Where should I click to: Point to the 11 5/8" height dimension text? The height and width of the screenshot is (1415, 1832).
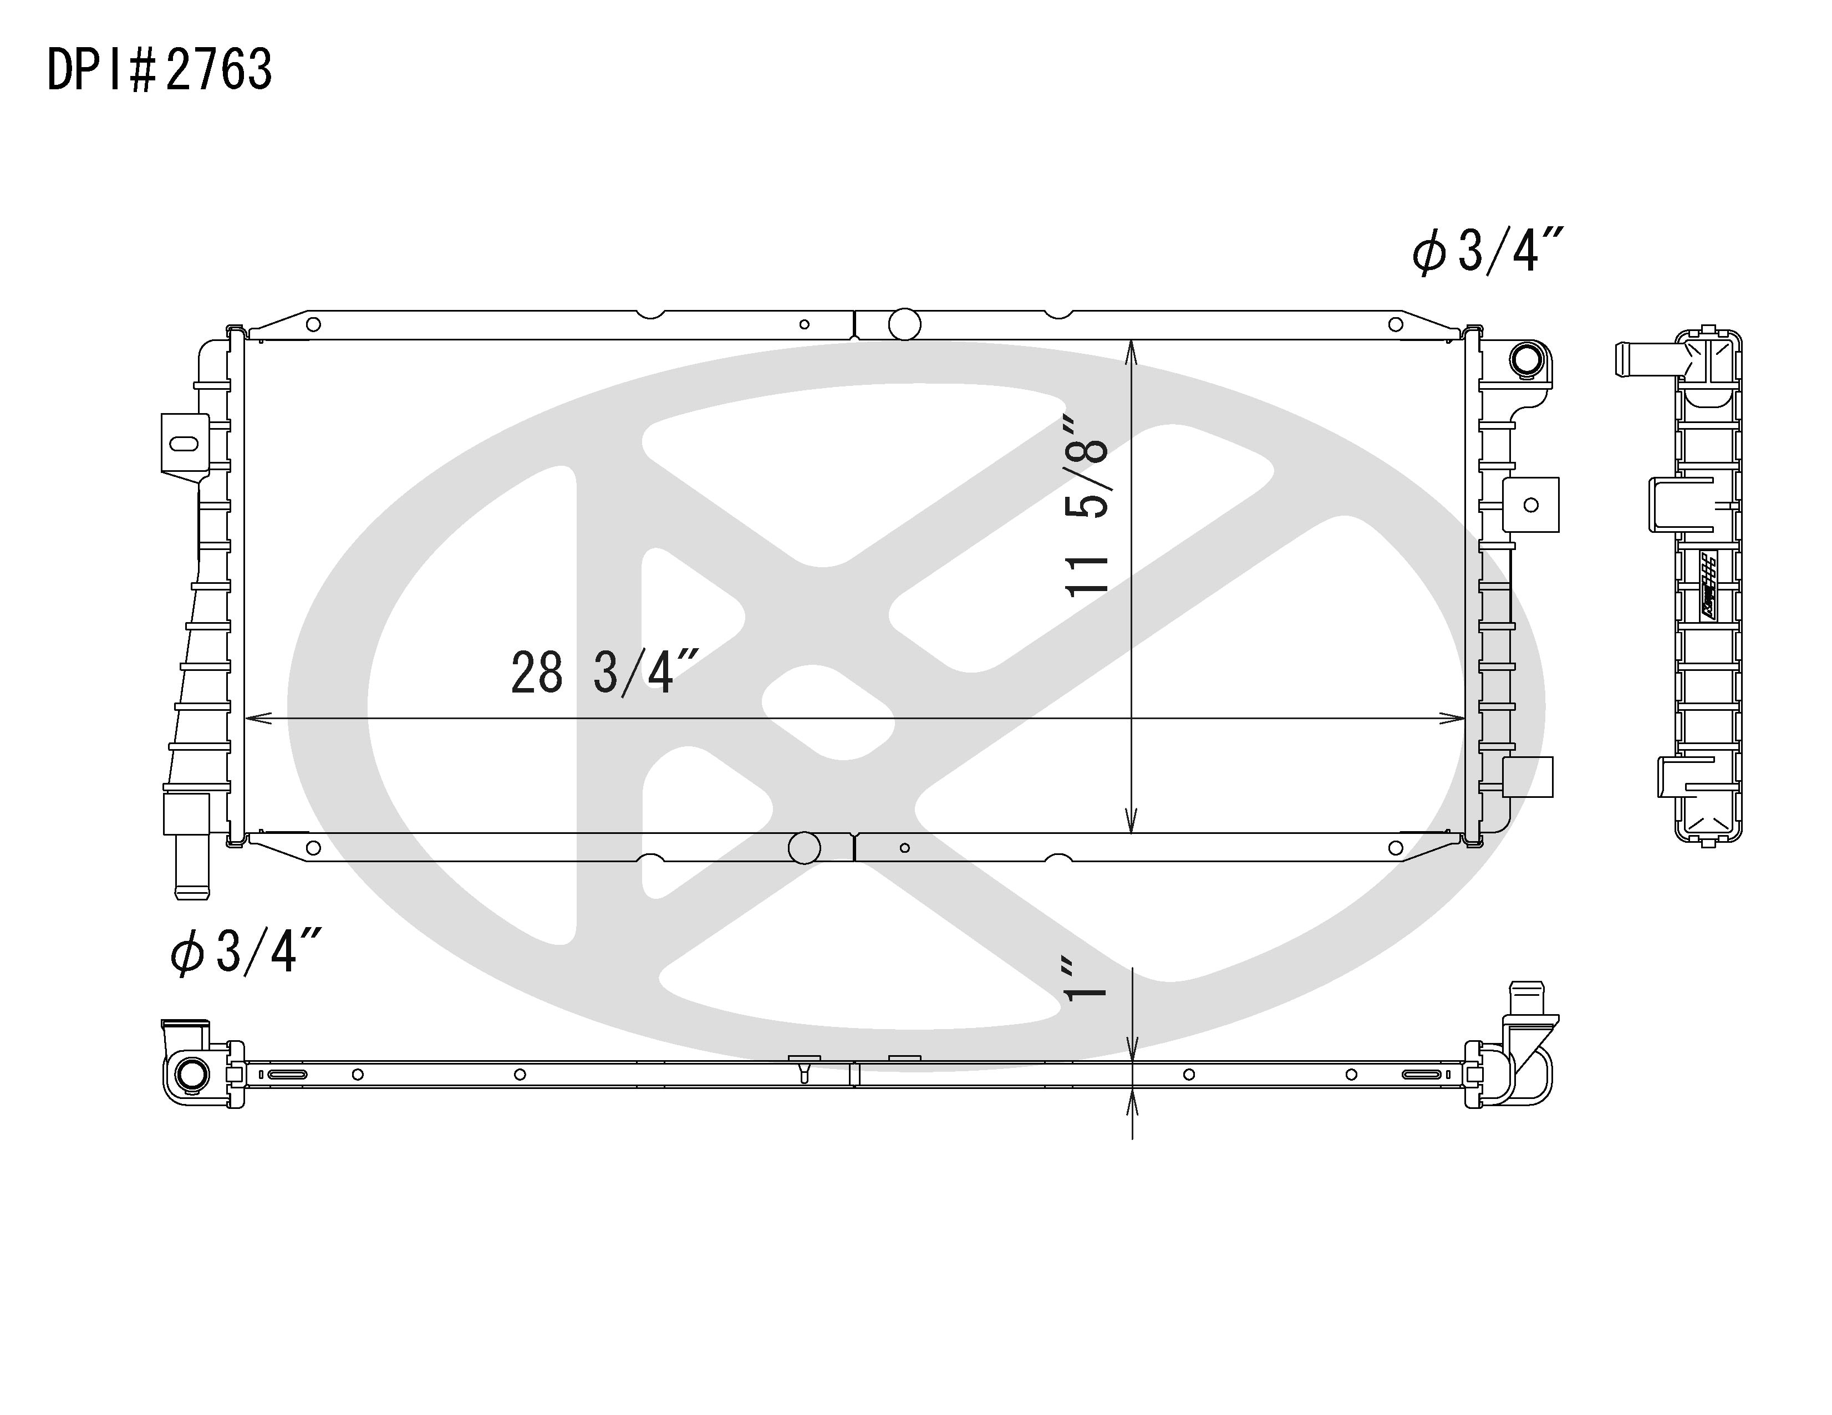pos(1087,505)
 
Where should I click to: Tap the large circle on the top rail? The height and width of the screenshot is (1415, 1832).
pos(904,324)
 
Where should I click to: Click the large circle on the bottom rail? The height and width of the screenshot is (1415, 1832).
pos(805,848)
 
